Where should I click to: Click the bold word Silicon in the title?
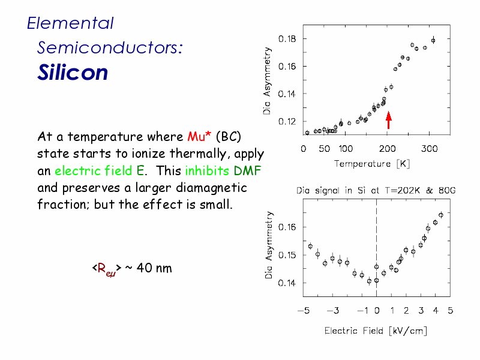pos(73,73)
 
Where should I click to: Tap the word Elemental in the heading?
pos(70,23)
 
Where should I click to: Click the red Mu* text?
pos(199,136)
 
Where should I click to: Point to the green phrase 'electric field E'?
pos(99,170)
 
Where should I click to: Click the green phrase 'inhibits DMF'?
pos(223,170)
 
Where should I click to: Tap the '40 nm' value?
pos(154,268)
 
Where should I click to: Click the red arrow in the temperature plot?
pos(388,120)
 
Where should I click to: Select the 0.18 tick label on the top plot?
pos(287,39)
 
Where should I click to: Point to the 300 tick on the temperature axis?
pos(429,149)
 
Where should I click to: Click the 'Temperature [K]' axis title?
pos(372,164)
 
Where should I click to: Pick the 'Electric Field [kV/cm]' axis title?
pos(376,331)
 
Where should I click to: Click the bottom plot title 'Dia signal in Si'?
pos(330,190)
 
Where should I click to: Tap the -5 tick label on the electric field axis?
pos(304,311)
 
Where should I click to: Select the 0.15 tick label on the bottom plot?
pos(287,255)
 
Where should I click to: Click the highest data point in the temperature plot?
pos(433,40)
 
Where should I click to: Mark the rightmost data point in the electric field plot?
pos(441,215)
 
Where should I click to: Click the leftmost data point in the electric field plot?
pos(310,246)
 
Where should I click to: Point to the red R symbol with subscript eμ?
pos(106,269)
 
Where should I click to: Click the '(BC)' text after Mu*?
pos(229,137)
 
